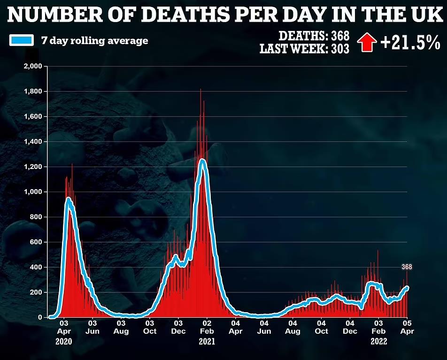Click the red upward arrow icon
click(367, 42)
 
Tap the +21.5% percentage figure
click(410, 43)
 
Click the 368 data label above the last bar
click(407, 267)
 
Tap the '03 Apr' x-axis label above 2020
click(64, 327)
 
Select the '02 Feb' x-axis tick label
click(207, 327)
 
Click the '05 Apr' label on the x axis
click(407, 327)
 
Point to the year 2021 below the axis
click(207, 342)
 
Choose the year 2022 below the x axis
click(378, 342)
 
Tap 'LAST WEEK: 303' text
click(305, 48)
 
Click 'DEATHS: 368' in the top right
click(314, 36)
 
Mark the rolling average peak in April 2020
click(69, 199)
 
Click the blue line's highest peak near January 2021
click(203, 161)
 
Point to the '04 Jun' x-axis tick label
click(264, 327)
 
